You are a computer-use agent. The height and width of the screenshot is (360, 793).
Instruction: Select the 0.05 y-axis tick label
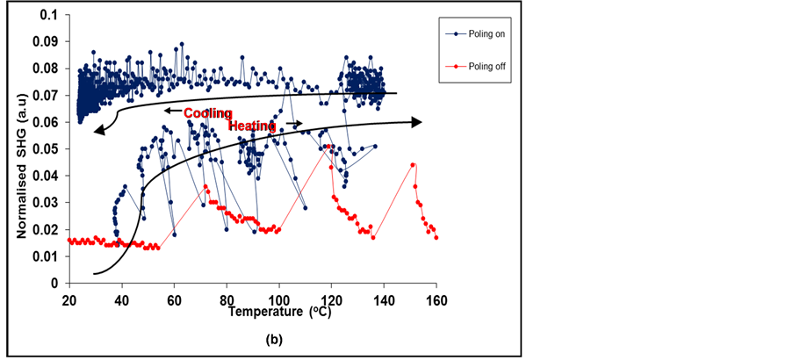click(x=45, y=149)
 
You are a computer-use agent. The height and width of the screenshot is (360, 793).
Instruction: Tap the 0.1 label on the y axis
click(x=48, y=15)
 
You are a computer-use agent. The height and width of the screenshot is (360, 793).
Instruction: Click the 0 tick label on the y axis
click(x=54, y=284)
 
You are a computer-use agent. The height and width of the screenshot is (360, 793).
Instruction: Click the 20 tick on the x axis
click(x=68, y=299)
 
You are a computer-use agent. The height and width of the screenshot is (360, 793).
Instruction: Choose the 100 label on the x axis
click(x=279, y=299)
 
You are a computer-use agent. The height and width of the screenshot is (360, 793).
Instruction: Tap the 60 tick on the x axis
click(x=174, y=299)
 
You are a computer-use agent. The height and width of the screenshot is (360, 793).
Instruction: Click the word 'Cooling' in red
click(x=207, y=113)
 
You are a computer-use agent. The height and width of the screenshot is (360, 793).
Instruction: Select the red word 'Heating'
click(x=253, y=126)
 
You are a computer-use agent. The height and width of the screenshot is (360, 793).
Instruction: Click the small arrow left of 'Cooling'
click(x=171, y=112)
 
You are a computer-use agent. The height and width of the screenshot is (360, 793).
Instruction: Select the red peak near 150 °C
click(x=413, y=164)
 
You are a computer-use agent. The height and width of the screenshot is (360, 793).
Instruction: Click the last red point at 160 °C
click(x=436, y=237)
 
